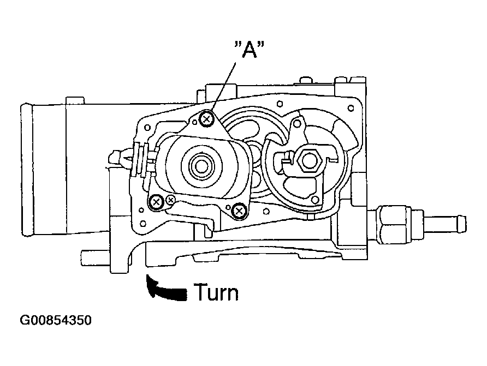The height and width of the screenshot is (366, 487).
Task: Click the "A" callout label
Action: pyautogui.click(x=249, y=50)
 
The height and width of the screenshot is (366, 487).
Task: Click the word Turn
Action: pyautogui.click(x=217, y=292)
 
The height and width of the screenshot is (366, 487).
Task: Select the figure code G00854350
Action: pyautogui.click(x=56, y=320)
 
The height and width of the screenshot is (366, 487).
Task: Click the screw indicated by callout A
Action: pyautogui.click(x=207, y=118)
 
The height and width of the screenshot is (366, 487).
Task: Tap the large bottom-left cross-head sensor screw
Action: pyautogui.click(x=156, y=202)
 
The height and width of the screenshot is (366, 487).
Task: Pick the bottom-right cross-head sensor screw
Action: pyautogui.click(x=239, y=211)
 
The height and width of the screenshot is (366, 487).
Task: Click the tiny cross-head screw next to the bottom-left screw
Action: pyautogui.click(x=170, y=200)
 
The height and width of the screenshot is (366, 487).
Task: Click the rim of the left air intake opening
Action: pyautogui.click(x=26, y=170)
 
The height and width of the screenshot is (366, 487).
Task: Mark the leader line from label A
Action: pyautogui.click(x=223, y=87)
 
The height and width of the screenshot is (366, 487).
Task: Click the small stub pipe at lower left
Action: pyautogui.click(x=96, y=258)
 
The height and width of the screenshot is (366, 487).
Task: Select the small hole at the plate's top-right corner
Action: pyautogui.click(x=351, y=108)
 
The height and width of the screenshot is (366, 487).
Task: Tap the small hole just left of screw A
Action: pyautogui.click(x=195, y=123)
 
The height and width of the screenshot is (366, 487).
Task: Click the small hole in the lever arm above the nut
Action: pyautogui.click(x=297, y=124)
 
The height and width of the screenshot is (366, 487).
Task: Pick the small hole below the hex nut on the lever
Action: pyautogui.click(x=315, y=200)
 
